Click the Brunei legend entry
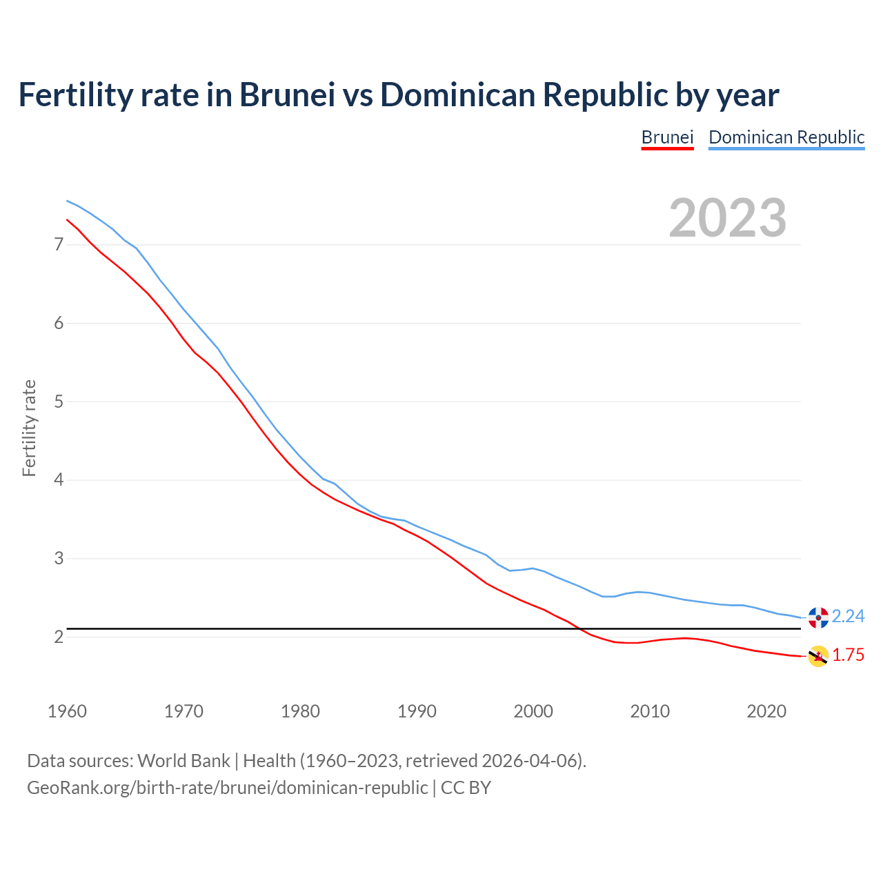(667, 137)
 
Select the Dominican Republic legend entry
(786, 137)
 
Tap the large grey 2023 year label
(727, 218)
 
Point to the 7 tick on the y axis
(59, 245)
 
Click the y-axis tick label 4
(59, 479)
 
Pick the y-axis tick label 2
(59, 637)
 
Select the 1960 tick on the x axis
(67, 711)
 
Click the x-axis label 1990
(417, 711)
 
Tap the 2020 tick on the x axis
(766, 711)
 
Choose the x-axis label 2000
(533, 711)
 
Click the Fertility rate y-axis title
(29, 428)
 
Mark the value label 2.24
(848, 616)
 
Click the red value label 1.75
(848, 655)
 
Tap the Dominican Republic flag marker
(818, 617)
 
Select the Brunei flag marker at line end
(818, 656)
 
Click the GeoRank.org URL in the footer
(227, 787)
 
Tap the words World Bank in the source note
(183, 760)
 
